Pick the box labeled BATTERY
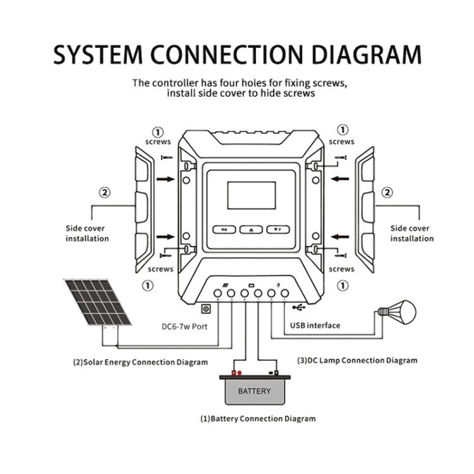(254, 391)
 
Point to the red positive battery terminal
(235, 373)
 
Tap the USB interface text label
(315, 325)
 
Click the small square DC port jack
(205, 309)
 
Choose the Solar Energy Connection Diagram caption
(140, 362)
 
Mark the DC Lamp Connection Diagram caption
(357, 360)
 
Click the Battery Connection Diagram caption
(258, 418)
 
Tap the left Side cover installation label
(87, 233)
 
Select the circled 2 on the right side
(387, 193)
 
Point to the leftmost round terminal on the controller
(218, 293)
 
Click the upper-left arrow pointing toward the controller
(166, 179)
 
